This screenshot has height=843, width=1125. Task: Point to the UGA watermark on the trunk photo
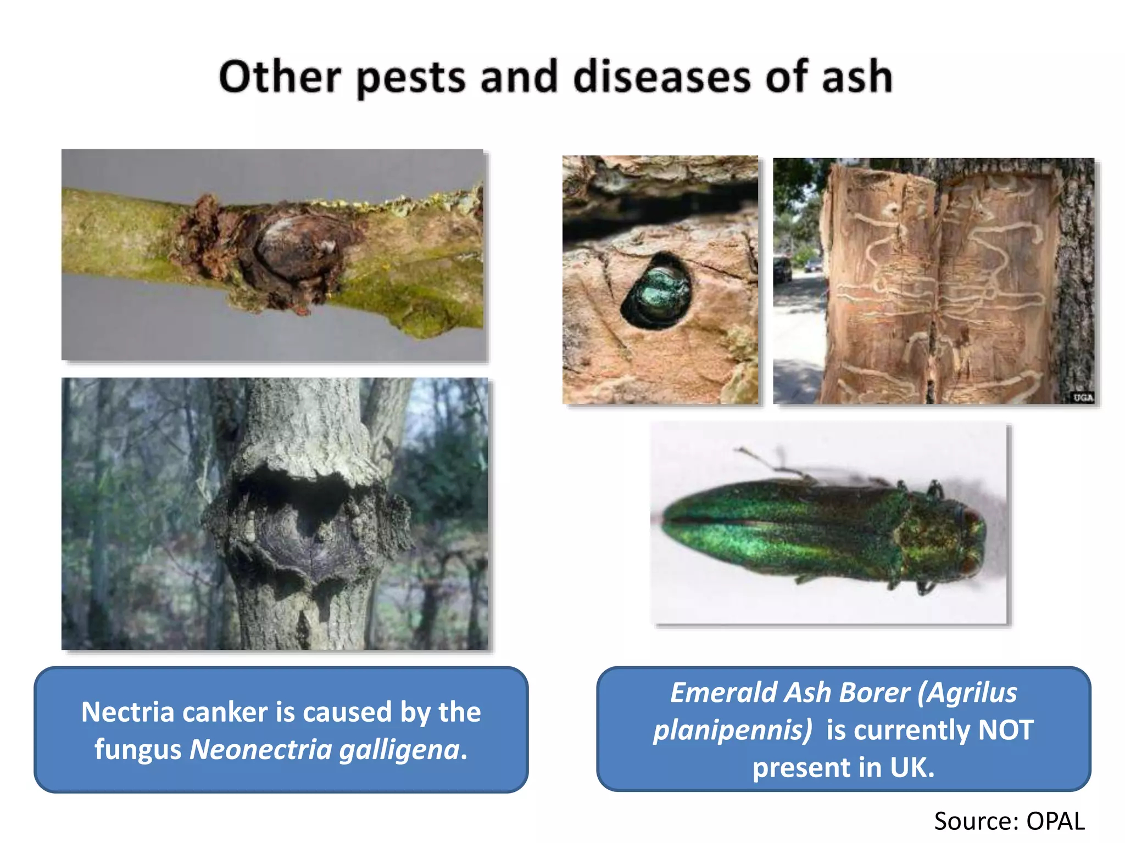(1083, 397)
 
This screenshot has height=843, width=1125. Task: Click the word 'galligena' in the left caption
(399, 750)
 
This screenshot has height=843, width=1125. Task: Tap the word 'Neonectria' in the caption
(260, 750)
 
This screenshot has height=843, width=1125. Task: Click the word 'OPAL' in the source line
(1055, 822)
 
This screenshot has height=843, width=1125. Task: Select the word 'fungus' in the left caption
(138, 750)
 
